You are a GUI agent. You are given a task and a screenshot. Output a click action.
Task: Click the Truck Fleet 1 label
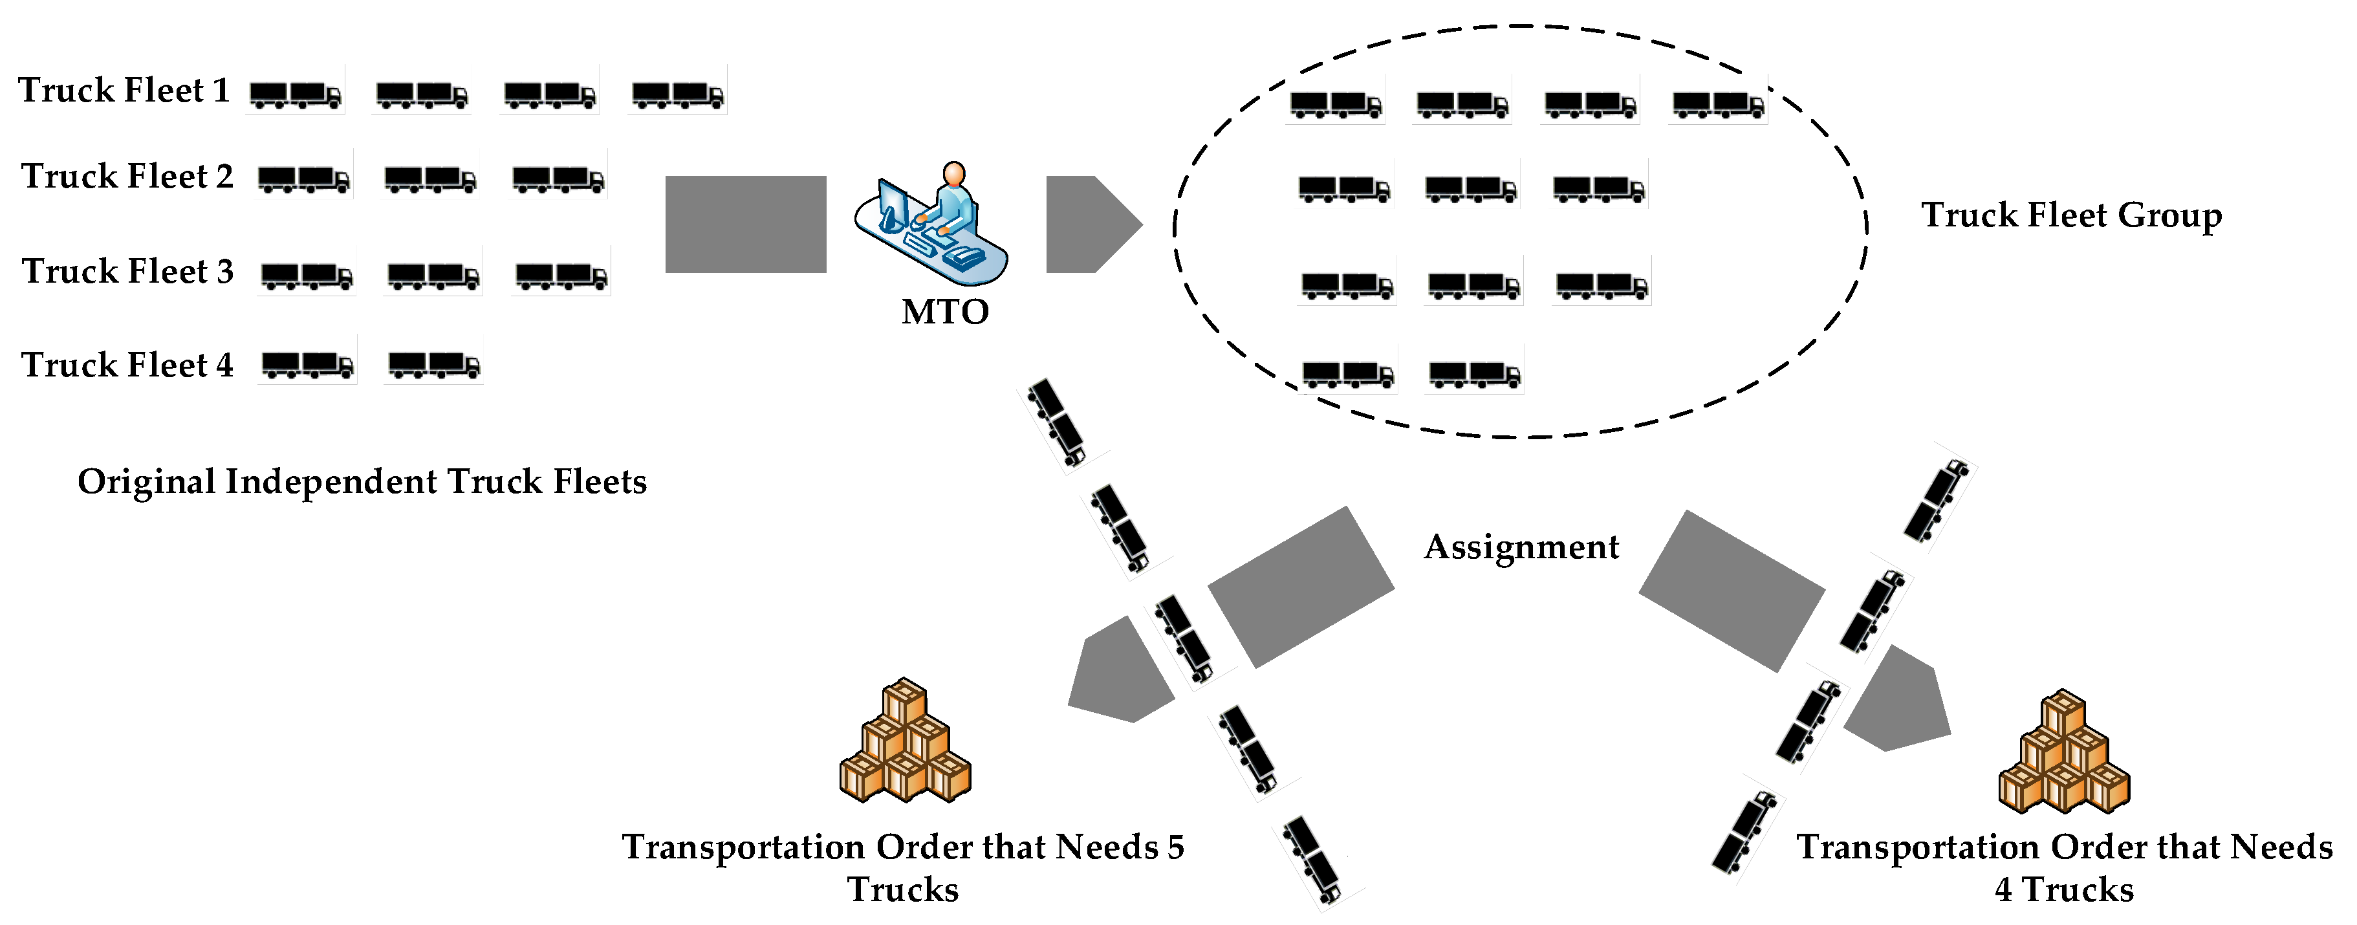[124, 91]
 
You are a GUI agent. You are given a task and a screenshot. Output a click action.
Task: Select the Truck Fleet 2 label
[127, 176]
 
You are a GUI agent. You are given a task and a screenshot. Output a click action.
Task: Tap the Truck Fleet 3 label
[127, 271]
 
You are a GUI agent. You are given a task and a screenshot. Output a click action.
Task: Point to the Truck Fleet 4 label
[127, 365]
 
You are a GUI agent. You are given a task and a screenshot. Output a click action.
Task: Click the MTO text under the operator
[944, 312]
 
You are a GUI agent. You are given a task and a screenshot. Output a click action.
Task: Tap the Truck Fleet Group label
[2070, 215]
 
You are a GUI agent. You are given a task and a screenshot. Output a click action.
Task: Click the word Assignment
[1521, 547]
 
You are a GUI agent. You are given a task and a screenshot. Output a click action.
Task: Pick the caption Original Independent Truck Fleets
[362, 481]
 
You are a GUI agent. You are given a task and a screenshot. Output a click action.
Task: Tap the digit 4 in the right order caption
[2003, 889]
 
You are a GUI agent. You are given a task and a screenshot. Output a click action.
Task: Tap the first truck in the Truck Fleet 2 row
[303, 179]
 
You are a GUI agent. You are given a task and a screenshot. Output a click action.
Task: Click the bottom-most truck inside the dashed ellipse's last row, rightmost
[1474, 373]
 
